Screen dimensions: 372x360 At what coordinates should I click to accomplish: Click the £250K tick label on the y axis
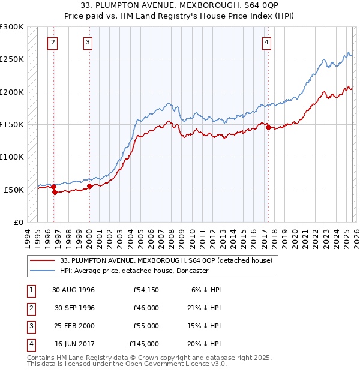coord(12,59)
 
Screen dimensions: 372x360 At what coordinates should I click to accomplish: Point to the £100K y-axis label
coord(12,157)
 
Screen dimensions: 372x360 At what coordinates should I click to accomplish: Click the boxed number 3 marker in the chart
coord(88,42)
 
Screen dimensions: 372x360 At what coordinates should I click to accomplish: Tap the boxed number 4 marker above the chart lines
coord(266,42)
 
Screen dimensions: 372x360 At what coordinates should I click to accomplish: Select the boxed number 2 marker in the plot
coord(53,42)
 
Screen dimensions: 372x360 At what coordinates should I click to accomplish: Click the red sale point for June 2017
coord(268,127)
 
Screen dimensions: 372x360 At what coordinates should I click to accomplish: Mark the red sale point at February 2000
coord(89,186)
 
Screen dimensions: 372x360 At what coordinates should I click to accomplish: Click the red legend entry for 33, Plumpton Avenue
coord(166,260)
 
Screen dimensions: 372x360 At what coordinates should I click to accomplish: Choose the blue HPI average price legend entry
coord(134,271)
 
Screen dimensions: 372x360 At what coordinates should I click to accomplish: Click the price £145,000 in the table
coord(144,344)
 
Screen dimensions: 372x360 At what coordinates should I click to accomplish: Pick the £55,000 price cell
coord(146,326)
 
